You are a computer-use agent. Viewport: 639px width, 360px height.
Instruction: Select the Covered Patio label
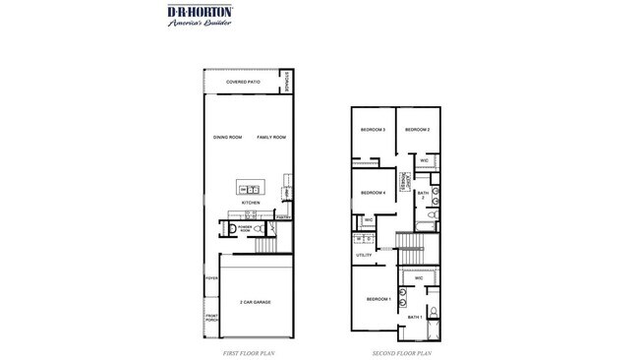coord(242,83)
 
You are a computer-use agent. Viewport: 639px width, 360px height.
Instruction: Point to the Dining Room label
coord(227,137)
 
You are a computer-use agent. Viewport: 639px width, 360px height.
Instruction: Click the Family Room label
coord(271,137)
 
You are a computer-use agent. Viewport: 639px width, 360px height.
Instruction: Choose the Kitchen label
coord(251,203)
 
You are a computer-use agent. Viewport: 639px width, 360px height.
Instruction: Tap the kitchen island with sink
coord(250,188)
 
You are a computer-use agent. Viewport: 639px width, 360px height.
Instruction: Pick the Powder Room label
coord(244,227)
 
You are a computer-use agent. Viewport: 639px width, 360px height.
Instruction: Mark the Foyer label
coord(210,279)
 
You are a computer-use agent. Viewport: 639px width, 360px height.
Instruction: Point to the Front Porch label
coord(210,318)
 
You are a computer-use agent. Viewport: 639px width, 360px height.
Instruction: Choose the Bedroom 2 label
coord(418,130)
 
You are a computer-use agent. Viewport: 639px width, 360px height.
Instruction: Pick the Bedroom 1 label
coord(378,298)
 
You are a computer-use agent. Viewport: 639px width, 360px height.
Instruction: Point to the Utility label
coord(362,256)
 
